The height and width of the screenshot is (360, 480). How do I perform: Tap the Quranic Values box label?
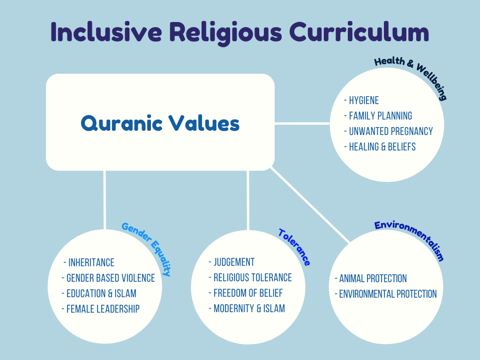click(160, 123)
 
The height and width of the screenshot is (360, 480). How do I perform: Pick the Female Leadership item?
click(103, 309)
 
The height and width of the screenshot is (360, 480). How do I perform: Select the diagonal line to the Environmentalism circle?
click(311, 205)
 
